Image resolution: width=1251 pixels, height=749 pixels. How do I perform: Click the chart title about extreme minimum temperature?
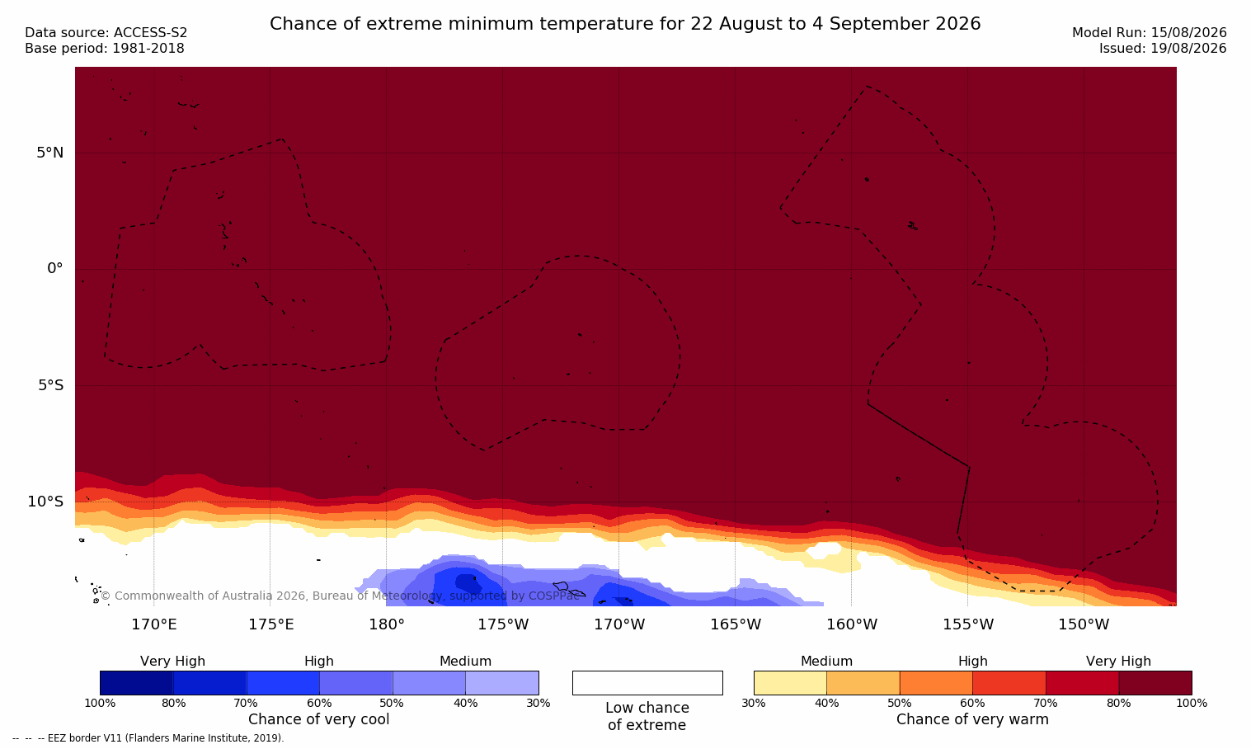coord(625,24)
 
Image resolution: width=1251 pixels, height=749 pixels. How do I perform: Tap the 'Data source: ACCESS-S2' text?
coord(106,33)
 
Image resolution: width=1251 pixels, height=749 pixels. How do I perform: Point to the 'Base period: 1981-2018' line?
coord(105,49)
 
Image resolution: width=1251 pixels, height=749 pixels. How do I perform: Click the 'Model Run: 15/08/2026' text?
coord(1149,33)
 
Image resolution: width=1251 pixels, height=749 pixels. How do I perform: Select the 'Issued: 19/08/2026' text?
coord(1163,49)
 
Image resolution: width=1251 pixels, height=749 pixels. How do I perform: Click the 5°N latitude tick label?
coord(50,153)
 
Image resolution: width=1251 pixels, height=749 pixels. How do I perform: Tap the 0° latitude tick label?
coord(54,269)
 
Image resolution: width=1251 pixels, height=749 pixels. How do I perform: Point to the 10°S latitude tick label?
coord(46,502)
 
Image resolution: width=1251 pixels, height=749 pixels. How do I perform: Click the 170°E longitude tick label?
coord(154,624)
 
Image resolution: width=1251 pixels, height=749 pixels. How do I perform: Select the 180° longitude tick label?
coord(387,624)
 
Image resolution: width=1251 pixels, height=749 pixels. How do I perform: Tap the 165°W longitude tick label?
coord(736,624)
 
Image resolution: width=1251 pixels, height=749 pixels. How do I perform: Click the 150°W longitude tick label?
coord(1084,624)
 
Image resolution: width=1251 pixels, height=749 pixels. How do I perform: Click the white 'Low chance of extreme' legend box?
coord(647,683)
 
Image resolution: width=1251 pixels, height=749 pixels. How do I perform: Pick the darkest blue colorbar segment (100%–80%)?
coord(137,683)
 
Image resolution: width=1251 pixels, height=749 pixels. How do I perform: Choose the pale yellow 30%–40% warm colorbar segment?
coord(790,683)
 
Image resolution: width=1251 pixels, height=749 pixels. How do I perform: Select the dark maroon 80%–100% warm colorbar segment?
coord(1155,683)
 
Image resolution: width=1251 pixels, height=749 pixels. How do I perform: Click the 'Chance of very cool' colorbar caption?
coord(319,719)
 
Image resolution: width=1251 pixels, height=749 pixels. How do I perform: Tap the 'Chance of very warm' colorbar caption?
coord(972,719)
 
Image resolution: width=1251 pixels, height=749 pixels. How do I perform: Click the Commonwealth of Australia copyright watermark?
coord(340,596)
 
